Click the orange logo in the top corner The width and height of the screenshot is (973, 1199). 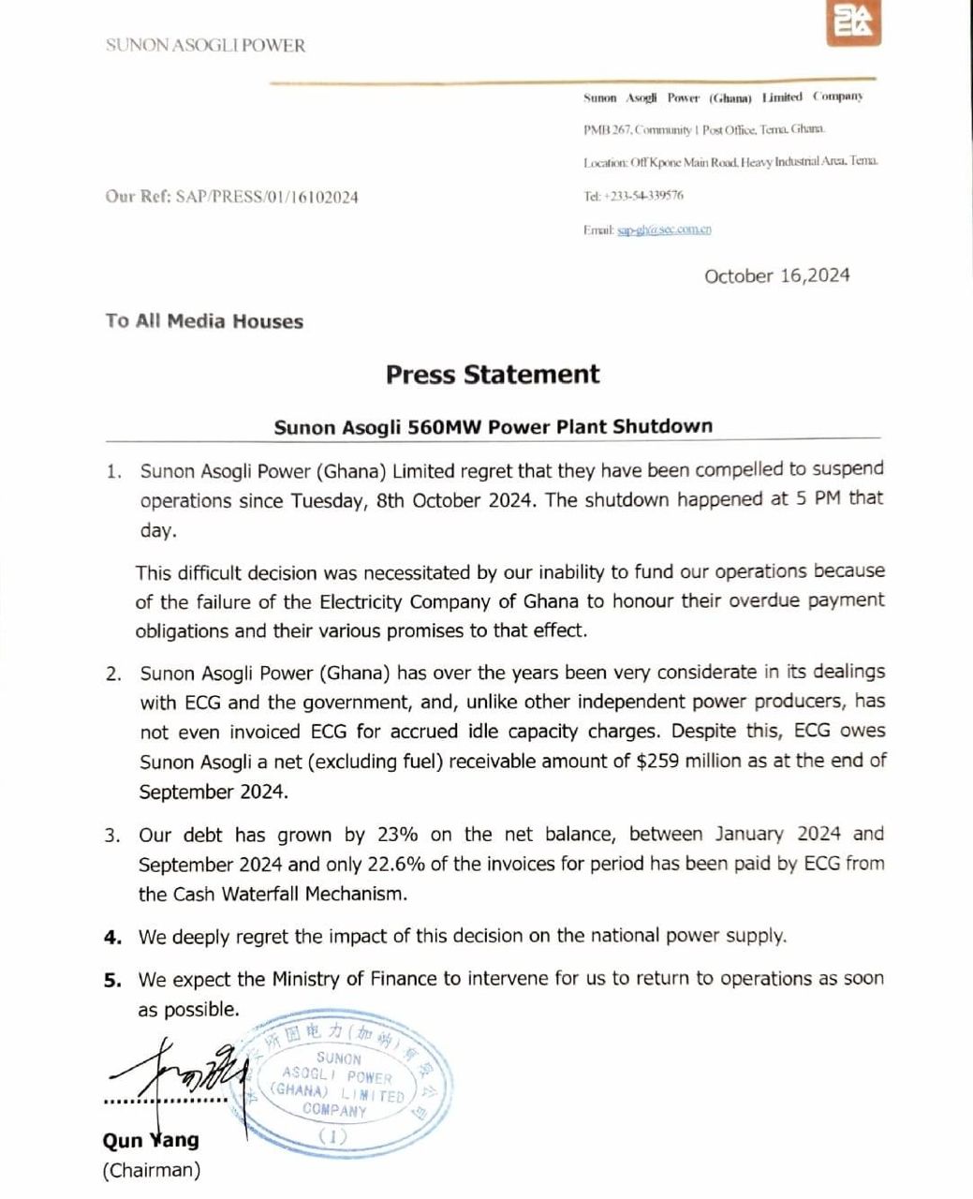pyautogui.click(x=854, y=22)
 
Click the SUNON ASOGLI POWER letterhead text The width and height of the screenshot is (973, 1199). pyautogui.click(x=206, y=45)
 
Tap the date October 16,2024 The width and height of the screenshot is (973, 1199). pyautogui.click(x=777, y=275)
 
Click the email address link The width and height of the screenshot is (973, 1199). pyautogui.click(x=664, y=229)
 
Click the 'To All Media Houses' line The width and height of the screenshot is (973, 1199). pyautogui.click(x=204, y=321)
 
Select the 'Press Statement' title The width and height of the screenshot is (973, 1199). pyautogui.click(x=493, y=375)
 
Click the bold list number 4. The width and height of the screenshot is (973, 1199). pyautogui.click(x=112, y=937)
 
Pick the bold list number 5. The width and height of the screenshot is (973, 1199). pyautogui.click(x=112, y=980)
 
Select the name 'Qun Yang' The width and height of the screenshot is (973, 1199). pyautogui.click(x=151, y=1140)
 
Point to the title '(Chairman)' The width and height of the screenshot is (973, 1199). pyautogui.click(x=151, y=1170)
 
